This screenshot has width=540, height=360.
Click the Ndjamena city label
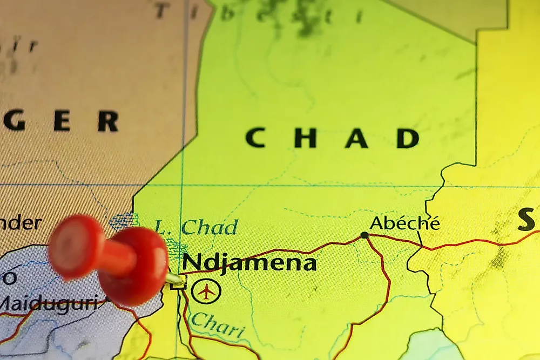[249, 263]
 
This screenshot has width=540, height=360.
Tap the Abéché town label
[404, 223]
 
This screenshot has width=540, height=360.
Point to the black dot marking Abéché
[364, 235]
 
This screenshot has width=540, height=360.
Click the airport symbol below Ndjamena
[206, 291]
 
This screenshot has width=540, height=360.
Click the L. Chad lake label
[195, 227]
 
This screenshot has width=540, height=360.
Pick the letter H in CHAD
[305, 138]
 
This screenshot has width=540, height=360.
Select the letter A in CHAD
[356, 138]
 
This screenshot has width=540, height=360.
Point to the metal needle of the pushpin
[174, 279]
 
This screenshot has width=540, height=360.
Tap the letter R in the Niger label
[107, 121]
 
